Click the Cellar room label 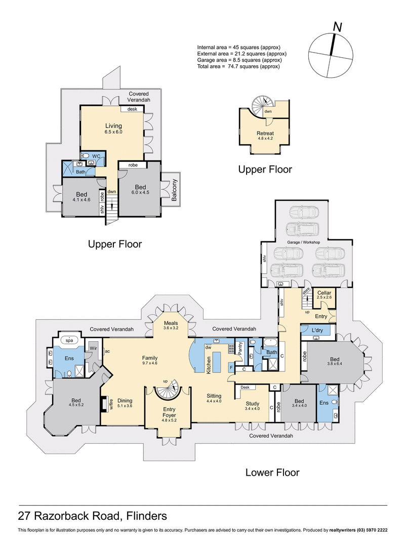(x=324, y=293)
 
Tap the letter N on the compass (x=337, y=27)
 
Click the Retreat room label (x=265, y=134)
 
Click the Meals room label (x=171, y=322)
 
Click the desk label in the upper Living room (x=132, y=109)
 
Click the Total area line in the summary (x=238, y=66)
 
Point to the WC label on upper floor (x=96, y=156)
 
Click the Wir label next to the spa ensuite (x=93, y=348)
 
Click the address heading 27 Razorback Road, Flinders (x=93, y=516)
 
